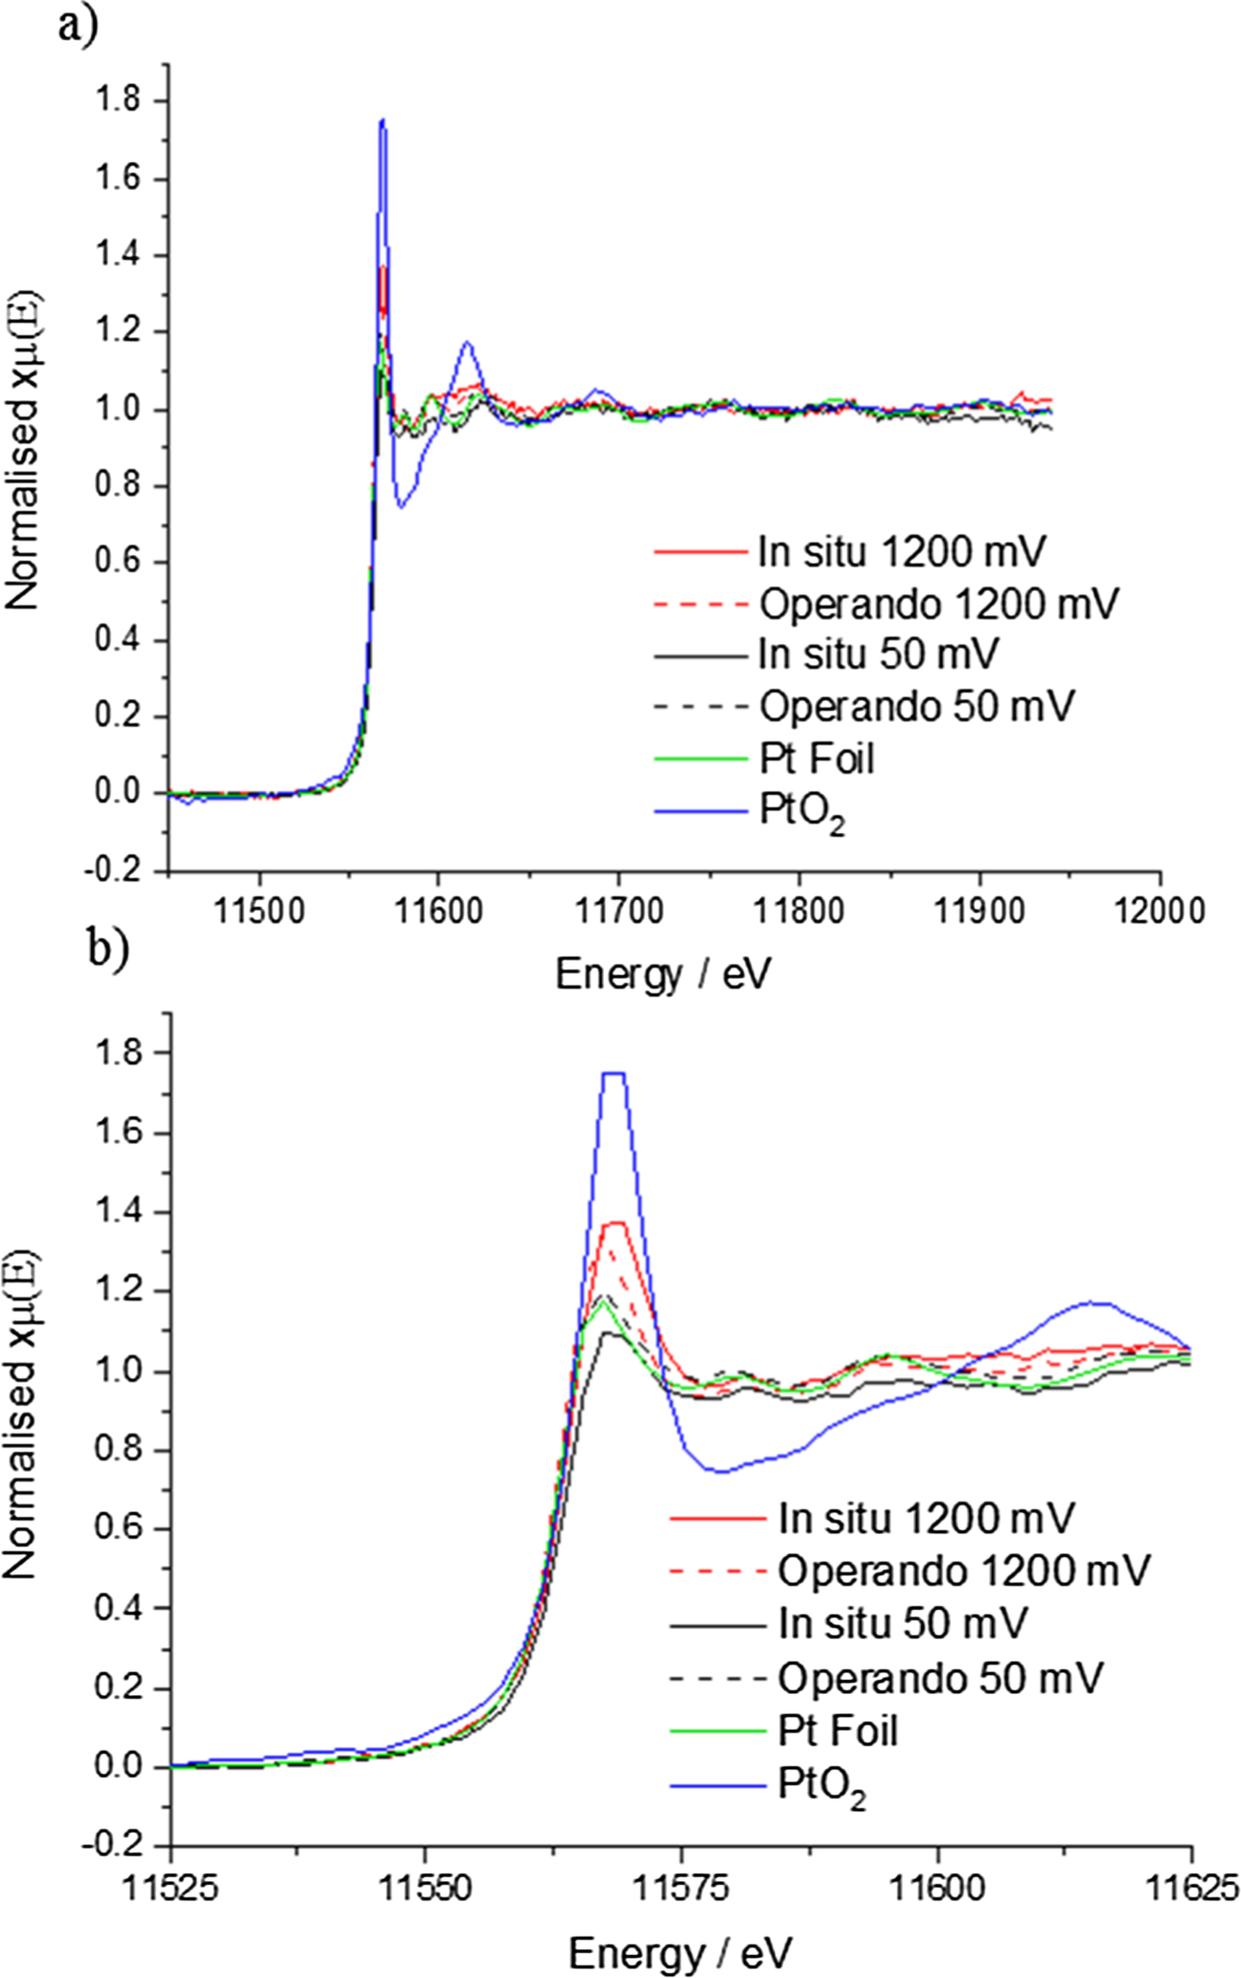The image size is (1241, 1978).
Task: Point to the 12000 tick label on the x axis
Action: click(x=1161, y=910)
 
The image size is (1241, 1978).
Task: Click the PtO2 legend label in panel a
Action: click(x=802, y=814)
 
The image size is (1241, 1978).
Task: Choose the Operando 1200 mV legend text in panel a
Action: click(x=938, y=604)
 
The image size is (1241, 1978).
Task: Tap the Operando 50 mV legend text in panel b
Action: click(x=940, y=1677)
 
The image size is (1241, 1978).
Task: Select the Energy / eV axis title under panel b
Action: click(x=680, y=1950)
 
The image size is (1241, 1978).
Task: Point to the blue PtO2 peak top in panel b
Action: click(x=613, y=1073)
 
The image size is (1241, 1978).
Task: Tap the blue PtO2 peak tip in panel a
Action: click(x=382, y=120)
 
